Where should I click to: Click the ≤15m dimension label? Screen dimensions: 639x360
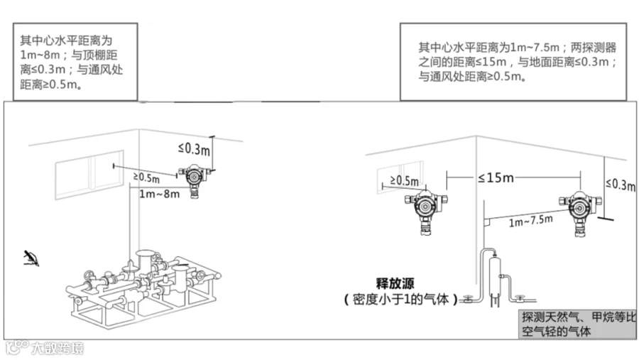[494, 177]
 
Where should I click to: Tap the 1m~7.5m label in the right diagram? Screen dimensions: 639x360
[531, 221]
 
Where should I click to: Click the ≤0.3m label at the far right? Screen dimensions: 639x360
[620, 185]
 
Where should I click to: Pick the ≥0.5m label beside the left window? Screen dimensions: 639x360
[146, 176]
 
